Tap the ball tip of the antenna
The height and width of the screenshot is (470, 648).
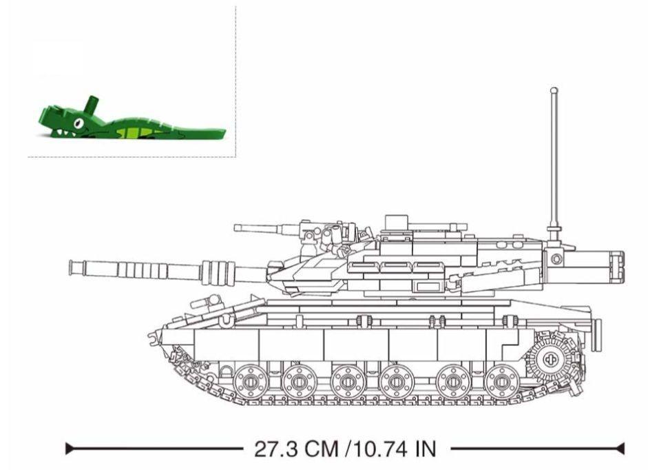(x=554, y=90)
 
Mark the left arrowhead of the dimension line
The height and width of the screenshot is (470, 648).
(x=70, y=449)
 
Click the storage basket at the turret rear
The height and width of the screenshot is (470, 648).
(x=585, y=265)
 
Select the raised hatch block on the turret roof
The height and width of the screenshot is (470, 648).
(x=397, y=222)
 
